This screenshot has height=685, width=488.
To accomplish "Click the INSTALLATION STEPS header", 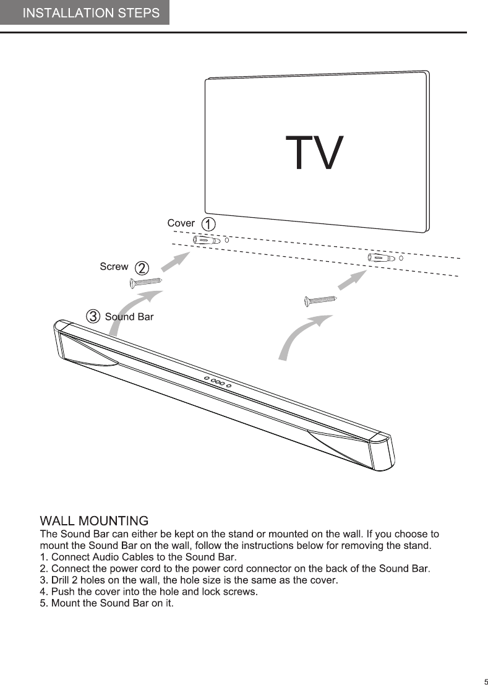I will pos(91,13).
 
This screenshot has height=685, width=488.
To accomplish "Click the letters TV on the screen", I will pos(314,153).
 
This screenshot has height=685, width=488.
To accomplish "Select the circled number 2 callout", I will pos(142,268).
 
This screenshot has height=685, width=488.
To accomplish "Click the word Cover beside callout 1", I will pos(181,223).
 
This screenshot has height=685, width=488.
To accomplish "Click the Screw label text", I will pos(114,267).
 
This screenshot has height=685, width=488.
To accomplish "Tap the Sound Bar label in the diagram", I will pos(129,317).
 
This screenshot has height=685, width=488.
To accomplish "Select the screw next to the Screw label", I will pos(146,283).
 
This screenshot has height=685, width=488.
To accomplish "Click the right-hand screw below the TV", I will pos(320,301).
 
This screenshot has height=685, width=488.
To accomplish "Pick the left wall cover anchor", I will pos(207,240).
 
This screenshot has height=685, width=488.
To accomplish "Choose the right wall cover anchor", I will pos(380,257).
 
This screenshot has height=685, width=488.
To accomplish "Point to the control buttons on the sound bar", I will pos(218,382).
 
